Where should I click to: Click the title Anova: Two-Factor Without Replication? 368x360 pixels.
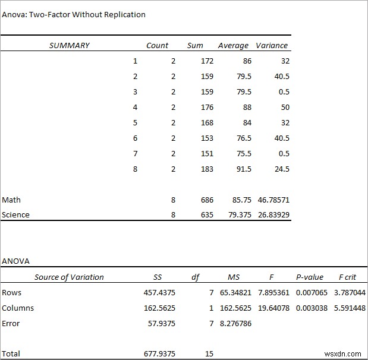(x=74, y=14)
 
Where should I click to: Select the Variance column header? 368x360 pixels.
(x=272, y=45)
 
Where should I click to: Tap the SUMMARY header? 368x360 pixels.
(x=70, y=45)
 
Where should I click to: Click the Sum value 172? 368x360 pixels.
(x=207, y=61)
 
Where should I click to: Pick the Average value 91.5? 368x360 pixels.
(x=244, y=169)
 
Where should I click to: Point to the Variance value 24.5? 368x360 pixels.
(x=282, y=169)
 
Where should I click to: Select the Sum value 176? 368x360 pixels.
(x=207, y=108)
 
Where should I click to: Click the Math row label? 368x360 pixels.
(x=11, y=200)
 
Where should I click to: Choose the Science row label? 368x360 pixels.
(x=15, y=215)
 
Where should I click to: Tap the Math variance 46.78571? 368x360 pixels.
(x=273, y=200)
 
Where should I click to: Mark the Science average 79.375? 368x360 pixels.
(x=240, y=215)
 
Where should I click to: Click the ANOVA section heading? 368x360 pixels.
(x=15, y=261)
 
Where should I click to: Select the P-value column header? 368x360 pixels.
(x=310, y=277)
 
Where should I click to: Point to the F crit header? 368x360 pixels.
(x=347, y=277)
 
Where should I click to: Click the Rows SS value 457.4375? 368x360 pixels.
(x=159, y=293)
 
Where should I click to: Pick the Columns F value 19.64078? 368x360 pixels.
(x=273, y=308)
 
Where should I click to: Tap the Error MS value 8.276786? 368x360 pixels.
(x=235, y=323)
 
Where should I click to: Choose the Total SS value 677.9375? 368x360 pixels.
(x=159, y=353)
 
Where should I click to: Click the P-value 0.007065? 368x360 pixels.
(x=312, y=293)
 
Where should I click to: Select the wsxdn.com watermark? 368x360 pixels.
(x=342, y=354)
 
